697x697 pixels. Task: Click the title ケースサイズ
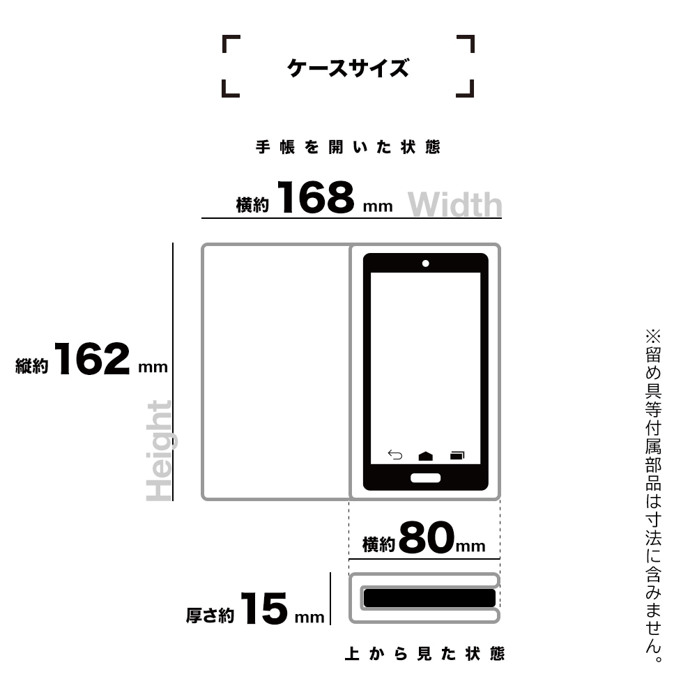pyautogui.click(x=348, y=68)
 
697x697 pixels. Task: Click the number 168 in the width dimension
pyautogui.click(x=316, y=197)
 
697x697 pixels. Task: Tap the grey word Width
pyautogui.click(x=454, y=204)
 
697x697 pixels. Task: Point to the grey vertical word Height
pyautogui.click(x=159, y=450)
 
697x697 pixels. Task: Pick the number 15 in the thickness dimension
pyautogui.click(x=264, y=608)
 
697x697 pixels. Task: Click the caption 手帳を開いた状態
pyautogui.click(x=348, y=147)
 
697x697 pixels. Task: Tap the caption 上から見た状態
pyautogui.click(x=425, y=654)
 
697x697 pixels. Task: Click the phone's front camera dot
pyautogui.click(x=425, y=263)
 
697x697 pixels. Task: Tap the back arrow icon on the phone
pyautogui.click(x=395, y=454)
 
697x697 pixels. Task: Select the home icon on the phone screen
pyautogui.click(x=425, y=456)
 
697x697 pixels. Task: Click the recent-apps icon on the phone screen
pyautogui.click(x=457, y=455)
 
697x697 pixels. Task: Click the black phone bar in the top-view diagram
pyautogui.click(x=429, y=598)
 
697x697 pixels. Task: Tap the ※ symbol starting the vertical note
pyautogui.click(x=653, y=336)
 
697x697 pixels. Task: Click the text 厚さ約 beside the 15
pyautogui.click(x=210, y=615)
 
